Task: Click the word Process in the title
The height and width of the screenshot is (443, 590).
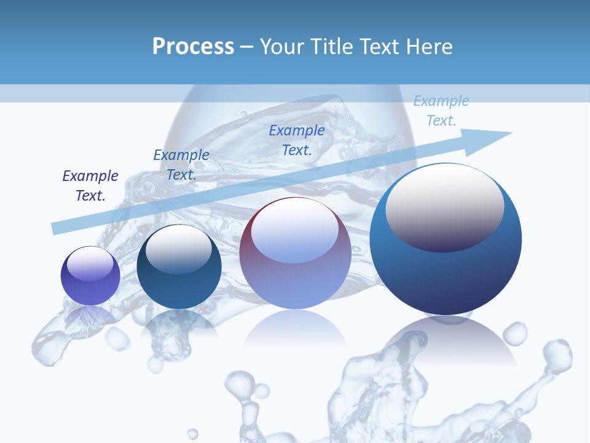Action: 193,47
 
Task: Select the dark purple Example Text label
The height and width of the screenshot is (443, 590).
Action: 90,185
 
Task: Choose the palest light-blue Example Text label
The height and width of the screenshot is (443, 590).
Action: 441,111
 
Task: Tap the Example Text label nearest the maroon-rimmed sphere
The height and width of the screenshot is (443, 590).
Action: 297,140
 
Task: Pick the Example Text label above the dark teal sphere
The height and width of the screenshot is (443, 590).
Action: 181,164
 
